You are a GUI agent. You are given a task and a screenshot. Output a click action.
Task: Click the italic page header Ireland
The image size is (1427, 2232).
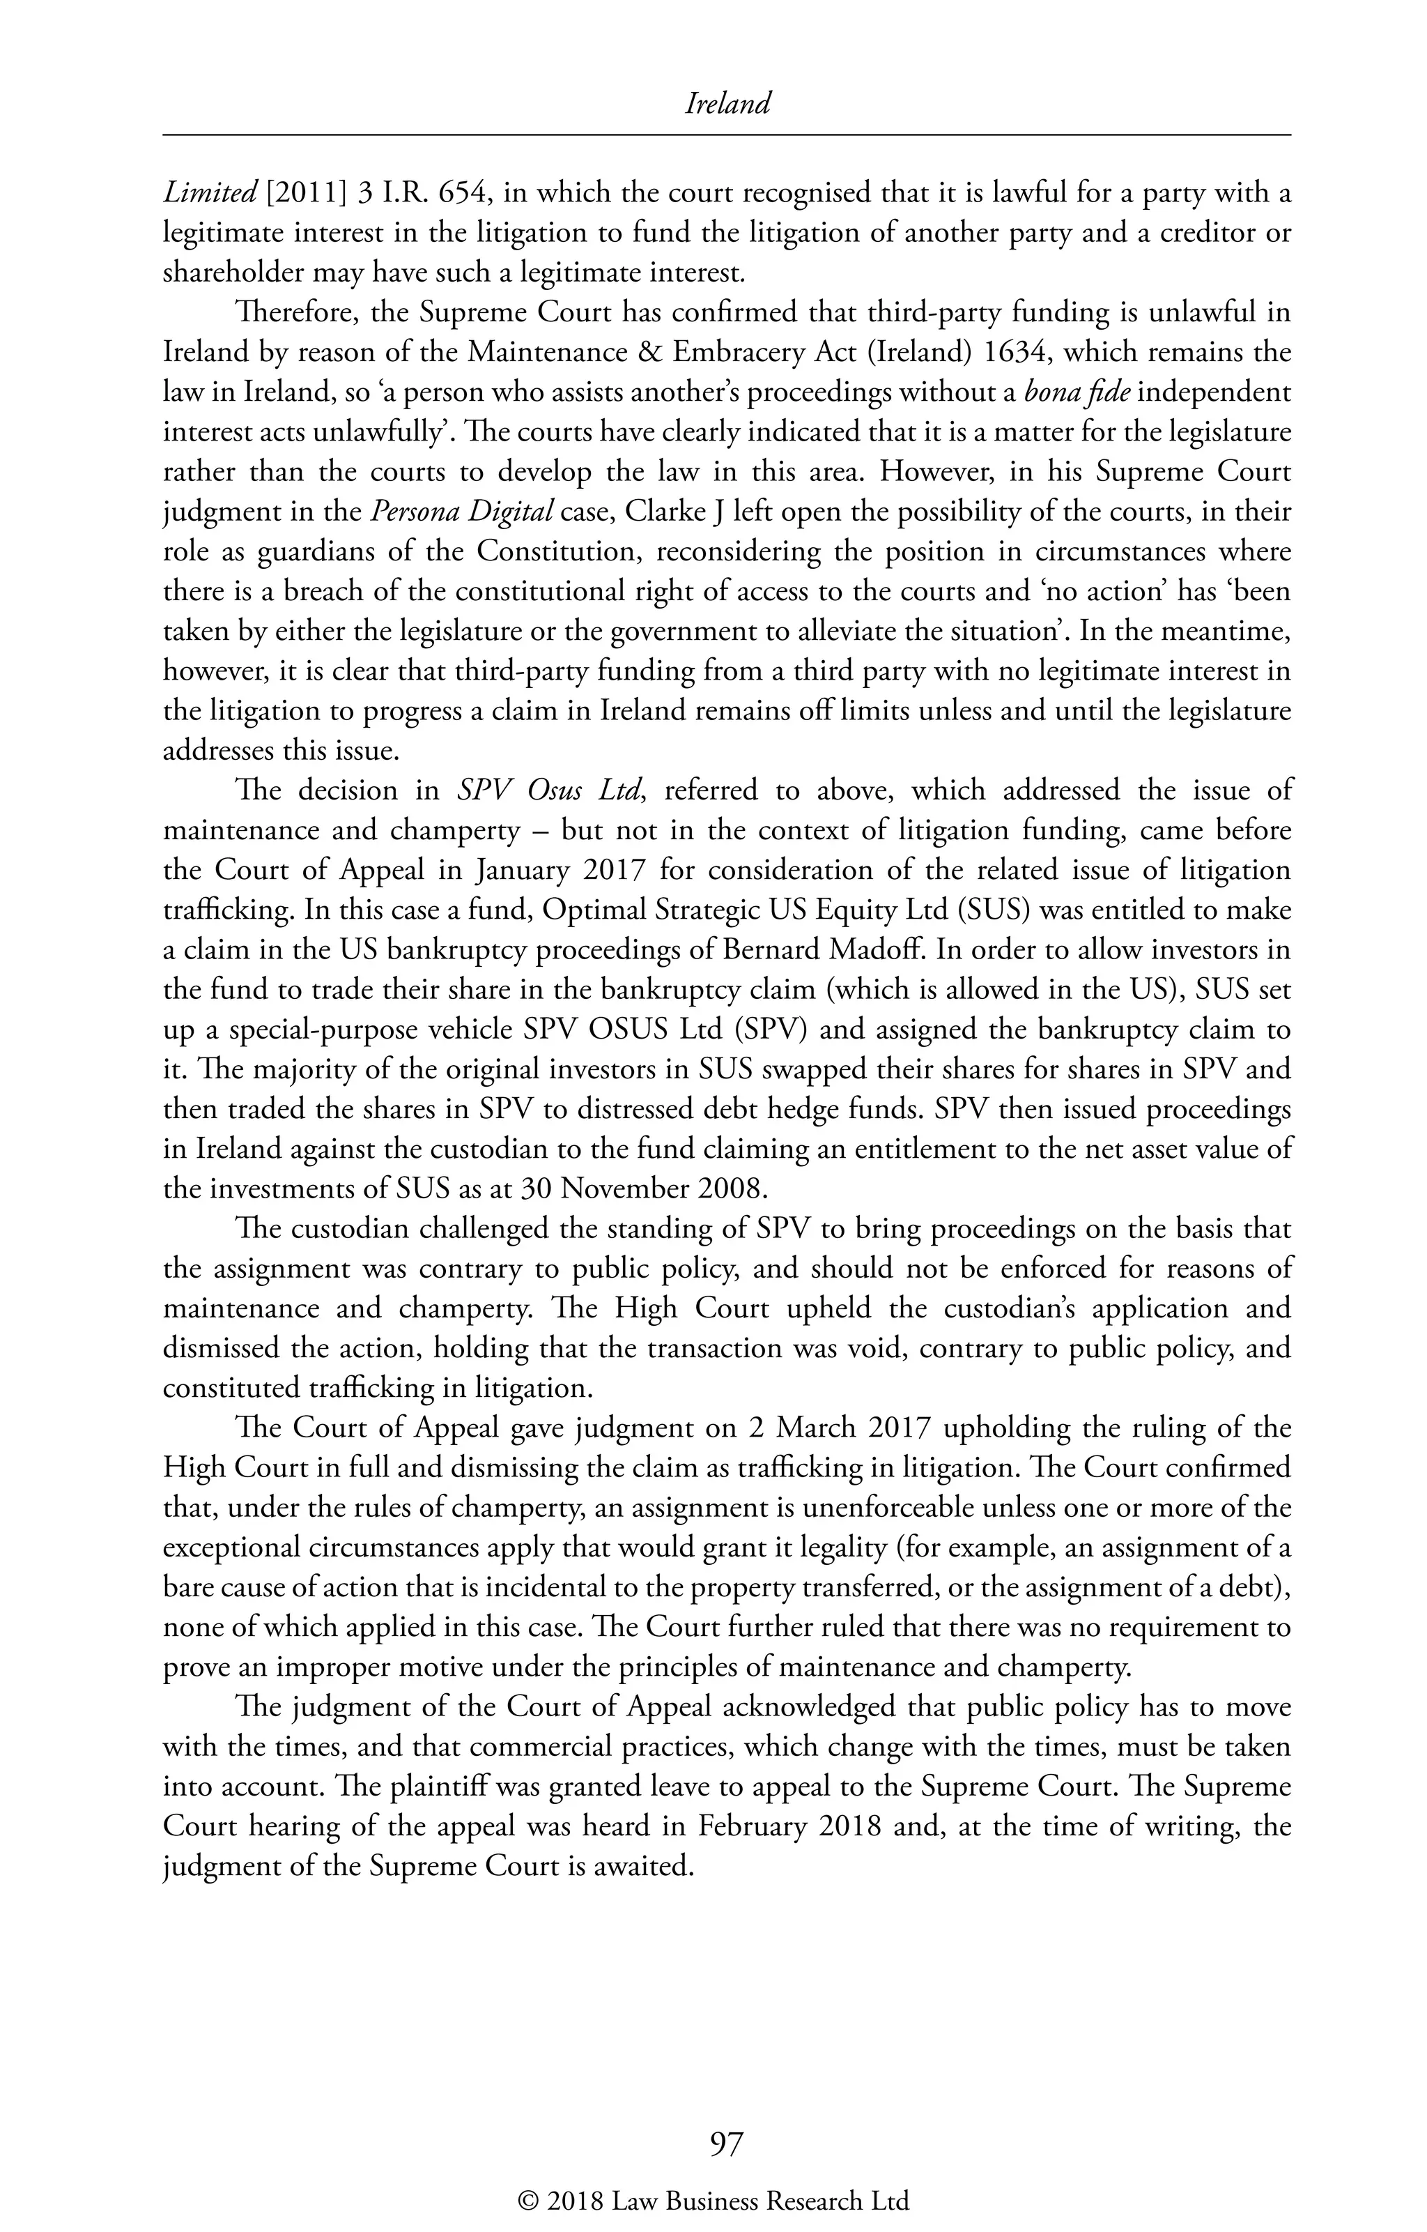coord(727,105)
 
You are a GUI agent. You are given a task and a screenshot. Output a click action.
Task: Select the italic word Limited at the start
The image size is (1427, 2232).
coord(210,194)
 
